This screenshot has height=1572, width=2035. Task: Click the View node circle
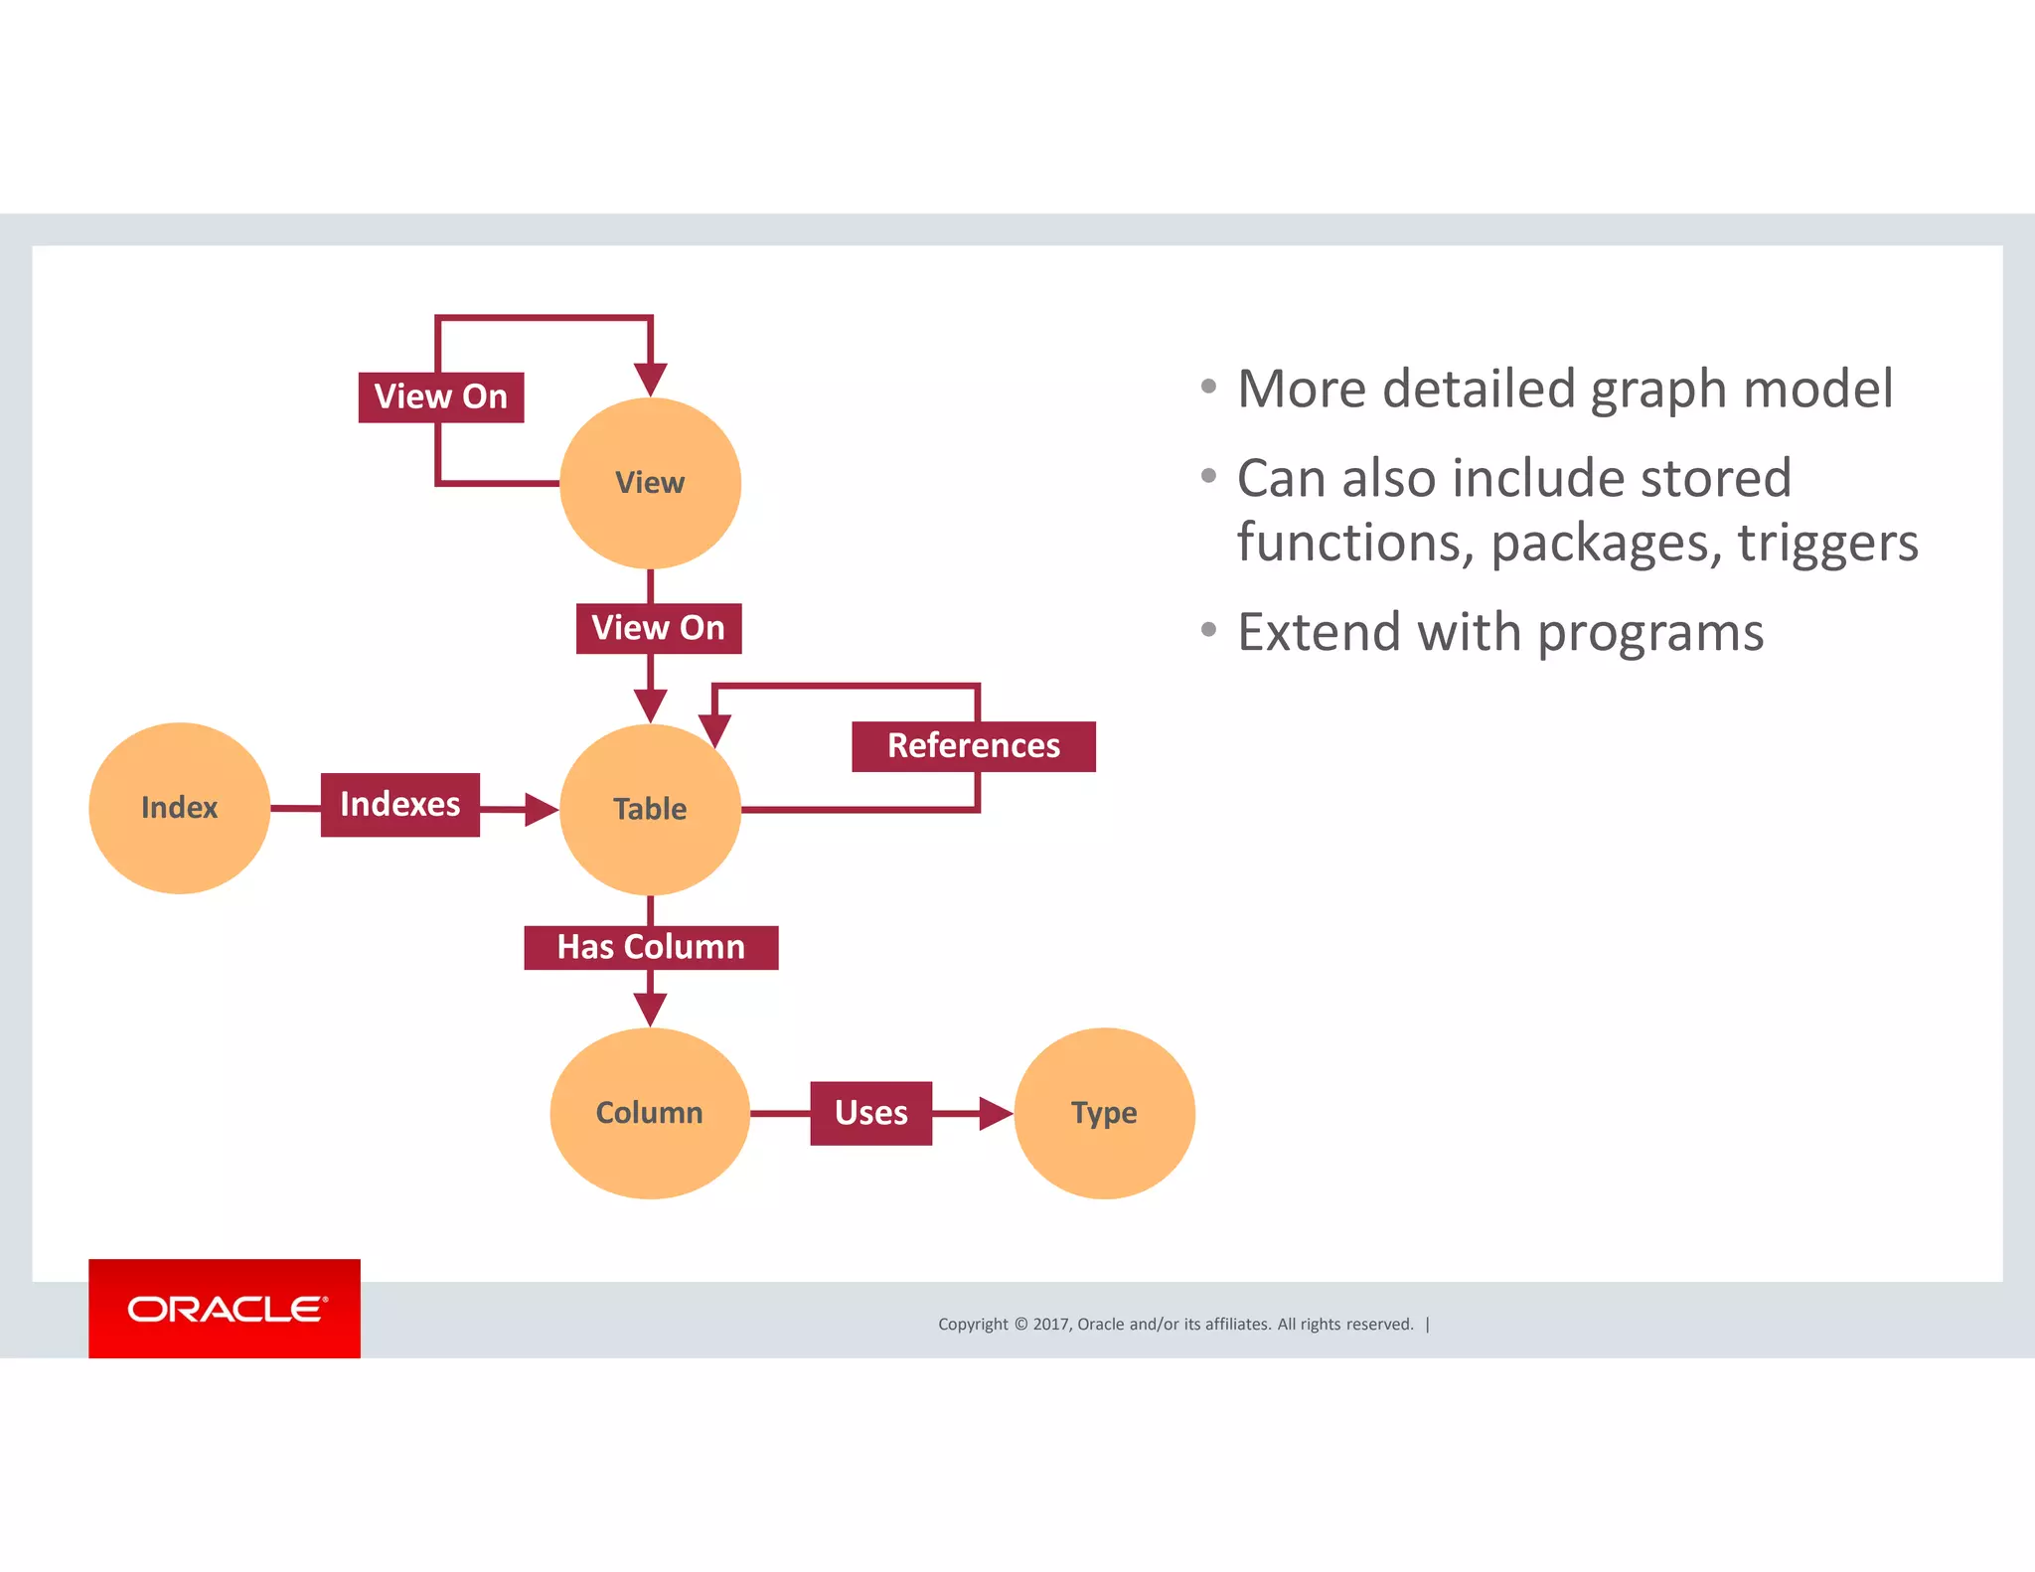(650, 483)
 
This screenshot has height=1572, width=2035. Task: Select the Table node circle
(650, 809)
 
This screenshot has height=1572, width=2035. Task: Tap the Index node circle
(179, 807)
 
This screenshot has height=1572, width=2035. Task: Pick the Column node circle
(650, 1113)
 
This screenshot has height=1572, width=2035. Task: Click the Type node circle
(1104, 1113)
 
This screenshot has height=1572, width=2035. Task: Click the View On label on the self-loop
(440, 396)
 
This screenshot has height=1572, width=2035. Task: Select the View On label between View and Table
(658, 628)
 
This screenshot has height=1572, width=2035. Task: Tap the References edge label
(973, 746)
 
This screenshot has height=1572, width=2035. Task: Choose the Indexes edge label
(399, 804)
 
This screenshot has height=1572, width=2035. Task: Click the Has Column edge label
(651, 947)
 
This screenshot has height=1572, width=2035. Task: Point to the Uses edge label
(870, 1113)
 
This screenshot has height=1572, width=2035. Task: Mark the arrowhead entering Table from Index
(541, 810)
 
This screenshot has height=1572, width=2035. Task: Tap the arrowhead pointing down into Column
(650, 1010)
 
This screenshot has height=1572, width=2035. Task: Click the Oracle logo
(225, 1309)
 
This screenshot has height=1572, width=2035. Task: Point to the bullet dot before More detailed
(1208, 387)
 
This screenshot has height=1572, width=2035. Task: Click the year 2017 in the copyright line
(1050, 1324)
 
